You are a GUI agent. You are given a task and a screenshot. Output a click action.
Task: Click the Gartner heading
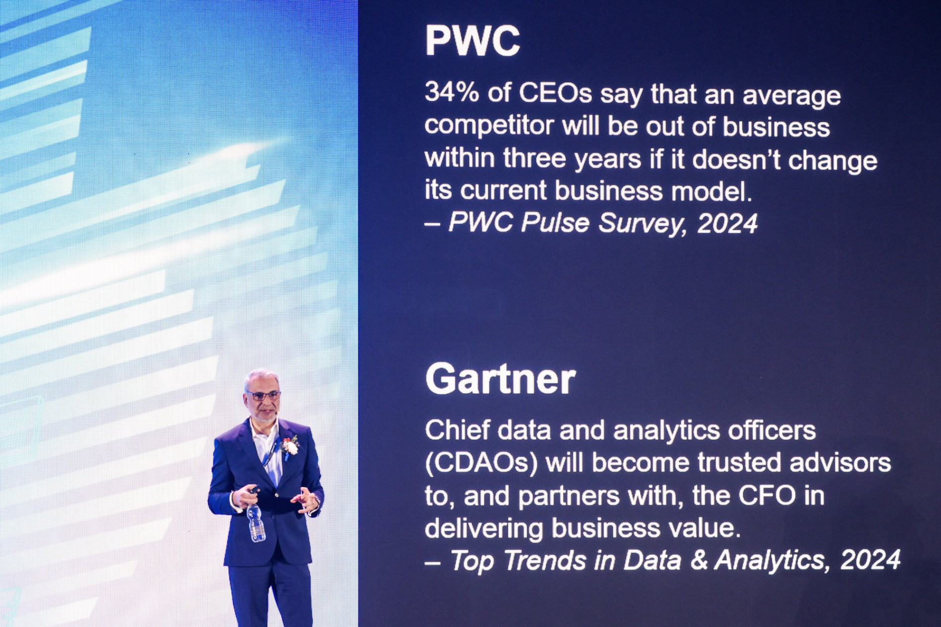point(500,379)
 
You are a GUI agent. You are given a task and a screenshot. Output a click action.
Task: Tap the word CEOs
point(555,93)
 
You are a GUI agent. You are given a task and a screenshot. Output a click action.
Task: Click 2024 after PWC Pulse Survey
point(727,223)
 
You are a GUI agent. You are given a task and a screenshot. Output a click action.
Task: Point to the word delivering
point(484,528)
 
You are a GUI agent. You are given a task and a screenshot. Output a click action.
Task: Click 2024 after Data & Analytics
point(870,560)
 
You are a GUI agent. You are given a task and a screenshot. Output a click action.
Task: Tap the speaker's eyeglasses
point(263,395)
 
